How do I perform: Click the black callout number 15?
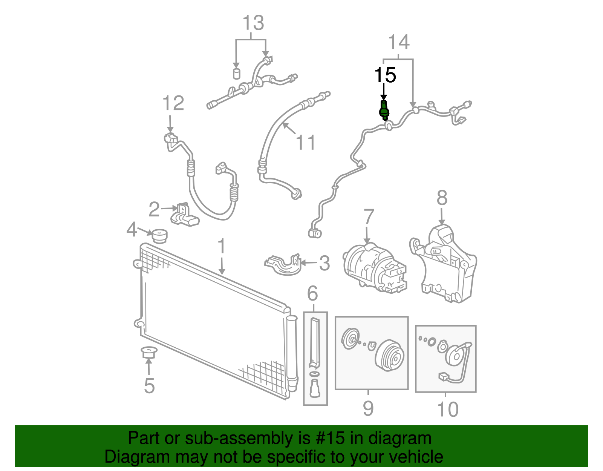pyautogui.click(x=385, y=75)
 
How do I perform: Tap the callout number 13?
pyautogui.click(x=253, y=23)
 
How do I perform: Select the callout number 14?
pyautogui.click(x=398, y=42)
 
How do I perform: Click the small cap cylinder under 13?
pyautogui.click(x=236, y=73)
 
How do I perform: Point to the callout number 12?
pyautogui.click(x=173, y=103)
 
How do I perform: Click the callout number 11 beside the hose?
pyautogui.click(x=305, y=143)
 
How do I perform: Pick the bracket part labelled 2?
pyautogui.click(x=184, y=215)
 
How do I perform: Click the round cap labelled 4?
pyautogui.click(x=159, y=236)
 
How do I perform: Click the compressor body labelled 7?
pyautogui.click(x=373, y=268)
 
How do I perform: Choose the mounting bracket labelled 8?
pyautogui.click(x=445, y=264)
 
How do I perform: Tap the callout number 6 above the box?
pyautogui.click(x=312, y=293)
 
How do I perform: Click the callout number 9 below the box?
pyautogui.click(x=368, y=408)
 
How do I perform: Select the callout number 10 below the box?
pyautogui.click(x=447, y=409)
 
